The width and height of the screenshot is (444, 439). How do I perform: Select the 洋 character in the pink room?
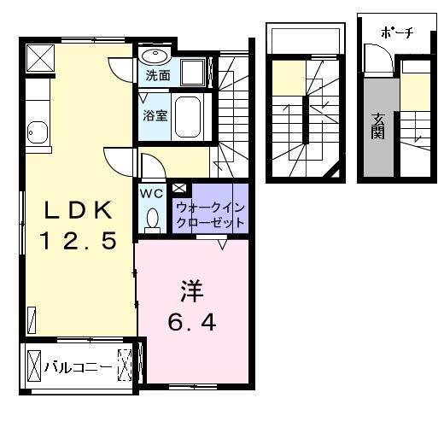click(190, 290)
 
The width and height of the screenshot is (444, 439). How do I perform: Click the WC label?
click(151, 193)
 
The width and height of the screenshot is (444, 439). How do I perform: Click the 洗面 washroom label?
click(157, 75)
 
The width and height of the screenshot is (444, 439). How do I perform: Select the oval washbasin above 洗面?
click(155, 56)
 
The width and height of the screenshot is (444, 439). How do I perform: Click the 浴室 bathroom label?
click(155, 114)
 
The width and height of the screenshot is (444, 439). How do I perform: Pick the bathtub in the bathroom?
click(188, 117)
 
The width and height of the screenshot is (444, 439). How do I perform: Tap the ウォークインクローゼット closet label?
click(210, 214)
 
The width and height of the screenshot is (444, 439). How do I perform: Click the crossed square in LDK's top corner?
click(39, 57)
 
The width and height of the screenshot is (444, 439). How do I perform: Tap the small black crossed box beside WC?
click(179, 187)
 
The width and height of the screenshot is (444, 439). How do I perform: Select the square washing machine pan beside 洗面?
click(195, 72)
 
